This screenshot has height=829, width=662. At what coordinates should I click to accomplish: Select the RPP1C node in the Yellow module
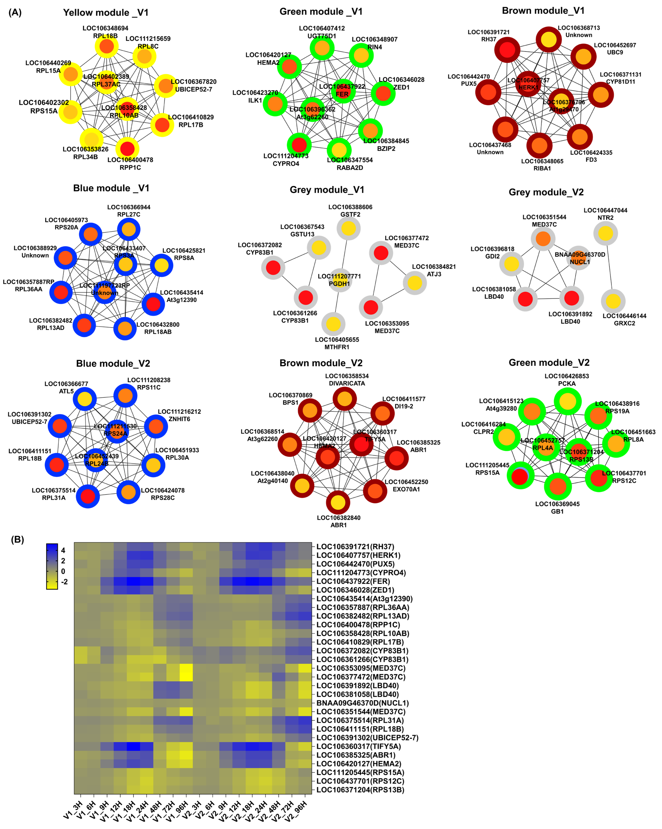[127, 148]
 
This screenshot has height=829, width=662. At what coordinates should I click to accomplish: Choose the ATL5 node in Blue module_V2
[85, 399]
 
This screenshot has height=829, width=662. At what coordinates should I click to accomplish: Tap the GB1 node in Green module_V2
[558, 486]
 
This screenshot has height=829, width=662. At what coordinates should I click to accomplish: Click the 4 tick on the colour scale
[63, 550]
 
